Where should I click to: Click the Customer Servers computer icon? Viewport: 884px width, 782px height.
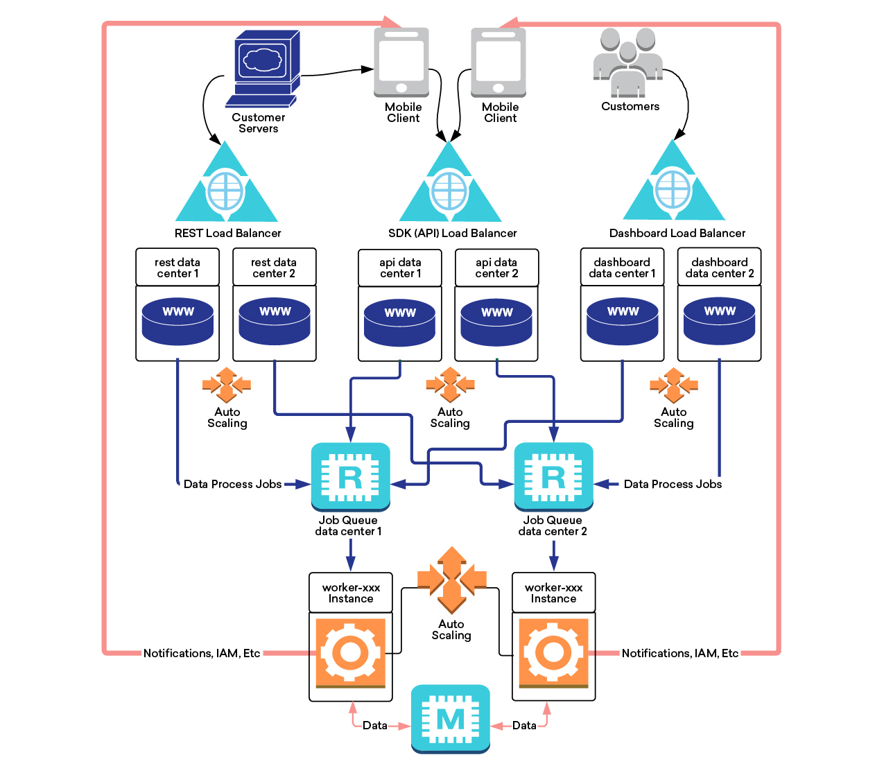pos(263,69)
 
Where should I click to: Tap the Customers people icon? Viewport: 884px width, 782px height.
pos(627,62)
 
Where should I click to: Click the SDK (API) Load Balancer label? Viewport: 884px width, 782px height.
pos(453,233)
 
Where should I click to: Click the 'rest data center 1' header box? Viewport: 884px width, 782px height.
pos(177,267)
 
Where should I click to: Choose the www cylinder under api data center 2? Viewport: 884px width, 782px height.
pos(496,322)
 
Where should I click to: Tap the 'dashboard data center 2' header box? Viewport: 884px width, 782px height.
pos(719,267)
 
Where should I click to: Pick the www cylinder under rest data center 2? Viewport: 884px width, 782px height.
pos(275,321)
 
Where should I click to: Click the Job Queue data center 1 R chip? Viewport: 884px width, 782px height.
pos(350,476)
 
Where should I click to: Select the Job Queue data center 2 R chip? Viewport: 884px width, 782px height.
pos(553,476)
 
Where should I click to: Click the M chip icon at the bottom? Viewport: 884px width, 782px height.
pos(450,719)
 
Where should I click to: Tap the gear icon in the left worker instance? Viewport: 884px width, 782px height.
pos(351,653)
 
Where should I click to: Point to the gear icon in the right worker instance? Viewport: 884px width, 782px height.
pos(553,653)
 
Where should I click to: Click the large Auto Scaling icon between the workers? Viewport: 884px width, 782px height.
pos(451,580)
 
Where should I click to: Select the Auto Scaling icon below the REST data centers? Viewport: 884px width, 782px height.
pos(227,385)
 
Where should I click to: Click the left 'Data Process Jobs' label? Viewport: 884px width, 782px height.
pos(232,484)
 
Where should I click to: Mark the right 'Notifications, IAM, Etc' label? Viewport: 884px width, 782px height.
pos(679,653)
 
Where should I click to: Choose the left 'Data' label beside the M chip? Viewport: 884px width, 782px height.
pos(375,725)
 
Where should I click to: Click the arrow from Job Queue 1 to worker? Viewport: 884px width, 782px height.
pos(350,555)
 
